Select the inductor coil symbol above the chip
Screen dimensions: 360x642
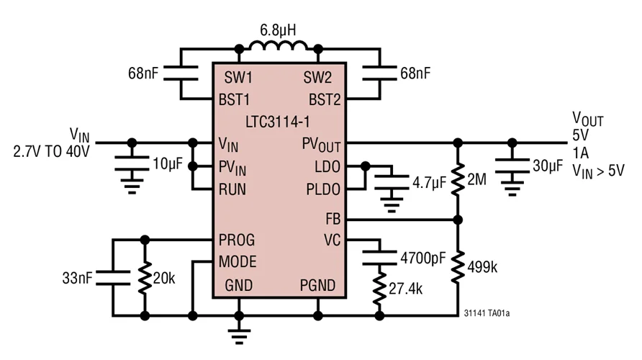pos(278,49)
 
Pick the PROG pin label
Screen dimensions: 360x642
pos(237,239)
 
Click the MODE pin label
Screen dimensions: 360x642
pos(238,261)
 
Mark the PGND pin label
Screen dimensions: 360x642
pos(317,286)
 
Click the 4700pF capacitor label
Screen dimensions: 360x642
pos(422,256)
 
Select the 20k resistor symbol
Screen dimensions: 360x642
pos(145,277)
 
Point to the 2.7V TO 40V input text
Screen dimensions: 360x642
pos(52,151)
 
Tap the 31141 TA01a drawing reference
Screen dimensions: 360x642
pos(492,314)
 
